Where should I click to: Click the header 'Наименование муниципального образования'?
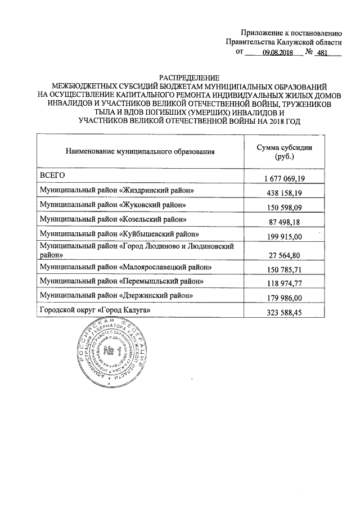click(x=140, y=152)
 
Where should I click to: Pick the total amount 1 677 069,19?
click(x=285, y=178)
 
